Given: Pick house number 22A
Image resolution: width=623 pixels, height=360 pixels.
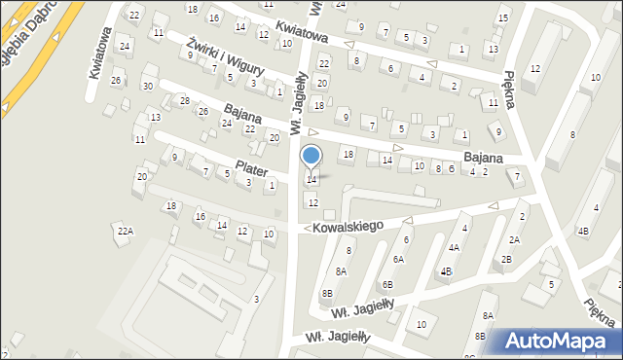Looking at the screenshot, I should [125, 231].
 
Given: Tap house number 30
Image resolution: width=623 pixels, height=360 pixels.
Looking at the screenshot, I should [147, 86].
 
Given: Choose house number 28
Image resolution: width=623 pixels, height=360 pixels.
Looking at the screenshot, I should [184, 100].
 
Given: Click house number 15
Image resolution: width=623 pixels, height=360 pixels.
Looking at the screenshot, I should [502, 18].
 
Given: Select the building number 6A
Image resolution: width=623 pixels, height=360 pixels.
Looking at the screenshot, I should [398, 259].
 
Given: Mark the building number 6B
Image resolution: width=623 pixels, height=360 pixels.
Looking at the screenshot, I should [387, 284].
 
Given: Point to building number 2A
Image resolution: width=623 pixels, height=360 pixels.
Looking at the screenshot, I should [514, 239].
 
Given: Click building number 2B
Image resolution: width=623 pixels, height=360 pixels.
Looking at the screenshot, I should [506, 259].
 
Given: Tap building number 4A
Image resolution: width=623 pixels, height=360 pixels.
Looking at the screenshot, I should [454, 247].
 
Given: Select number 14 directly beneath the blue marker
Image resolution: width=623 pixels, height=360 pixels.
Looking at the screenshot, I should [311, 179].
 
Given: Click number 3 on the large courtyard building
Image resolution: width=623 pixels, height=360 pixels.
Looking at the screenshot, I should [256, 299].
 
